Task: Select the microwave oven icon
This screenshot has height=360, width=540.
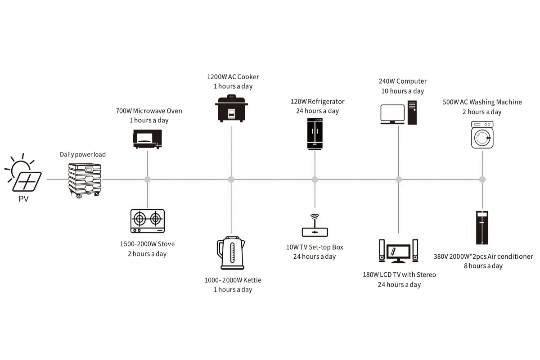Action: pos(147,139)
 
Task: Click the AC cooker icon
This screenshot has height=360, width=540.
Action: pos(231,108)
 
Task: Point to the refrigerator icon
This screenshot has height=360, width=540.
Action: pos(315,134)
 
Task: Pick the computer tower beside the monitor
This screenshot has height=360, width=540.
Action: pos(412,112)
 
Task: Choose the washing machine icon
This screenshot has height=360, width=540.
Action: pos(482,135)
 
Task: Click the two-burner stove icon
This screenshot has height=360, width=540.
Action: pos(147,221)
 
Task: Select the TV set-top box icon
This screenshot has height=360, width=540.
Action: pos(315,229)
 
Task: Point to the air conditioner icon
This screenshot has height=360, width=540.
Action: pos(482,227)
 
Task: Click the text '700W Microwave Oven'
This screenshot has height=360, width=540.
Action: pos(148,111)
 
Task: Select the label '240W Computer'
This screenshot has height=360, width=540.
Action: pos(402,81)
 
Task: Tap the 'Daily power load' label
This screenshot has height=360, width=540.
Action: pos(83,154)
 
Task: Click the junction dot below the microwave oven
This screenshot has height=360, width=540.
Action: pos(147,180)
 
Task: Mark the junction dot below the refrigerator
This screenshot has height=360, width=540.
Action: pos(315,180)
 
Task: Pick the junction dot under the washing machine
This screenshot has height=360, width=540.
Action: pos(482,180)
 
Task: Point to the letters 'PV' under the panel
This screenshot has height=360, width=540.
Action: pos(23,198)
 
